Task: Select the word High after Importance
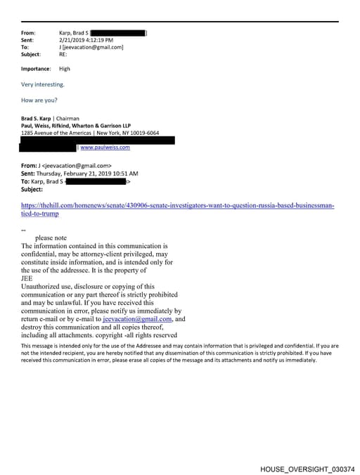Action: [65, 69]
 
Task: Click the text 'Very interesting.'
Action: [43, 84]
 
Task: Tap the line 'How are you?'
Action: [39, 100]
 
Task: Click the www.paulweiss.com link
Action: [105, 148]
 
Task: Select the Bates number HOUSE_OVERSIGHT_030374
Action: [307, 469]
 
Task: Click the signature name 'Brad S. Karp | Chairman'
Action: [50, 119]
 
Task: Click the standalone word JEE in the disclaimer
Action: [27, 278]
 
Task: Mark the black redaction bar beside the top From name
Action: [118, 33]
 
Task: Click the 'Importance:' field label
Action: [36, 69]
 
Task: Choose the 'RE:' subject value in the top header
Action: [63, 54]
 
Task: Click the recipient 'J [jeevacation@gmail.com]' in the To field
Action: [91, 47]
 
